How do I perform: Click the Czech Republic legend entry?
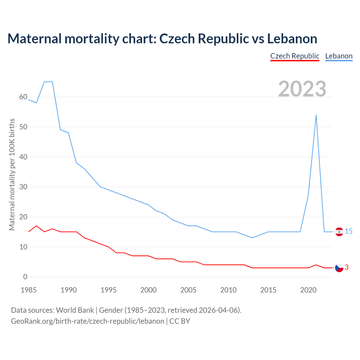[295, 56]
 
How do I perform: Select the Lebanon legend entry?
[339, 56]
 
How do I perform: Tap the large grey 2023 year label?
[302, 89]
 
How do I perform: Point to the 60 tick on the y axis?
[23, 97]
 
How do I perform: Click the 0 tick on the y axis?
[25, 277]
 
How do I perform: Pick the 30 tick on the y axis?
[23, 187]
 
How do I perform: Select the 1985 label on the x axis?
[29, 290]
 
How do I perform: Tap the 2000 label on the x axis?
[148, 290]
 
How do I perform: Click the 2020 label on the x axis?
[308, 290]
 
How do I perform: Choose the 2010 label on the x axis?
[228, 290]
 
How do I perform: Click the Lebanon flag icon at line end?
[339, 232]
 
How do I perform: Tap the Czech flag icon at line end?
[339, 268]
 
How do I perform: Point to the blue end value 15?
[348, 231]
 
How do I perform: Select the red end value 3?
[346, 267]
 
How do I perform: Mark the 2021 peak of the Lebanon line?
[316, 115]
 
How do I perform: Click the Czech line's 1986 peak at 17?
[36, 226]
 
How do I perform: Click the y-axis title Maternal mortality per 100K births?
[12, 174]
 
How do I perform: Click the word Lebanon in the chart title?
[292, 39]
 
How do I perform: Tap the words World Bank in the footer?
[75, 310]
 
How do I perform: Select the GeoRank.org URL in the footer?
[87, 321]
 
